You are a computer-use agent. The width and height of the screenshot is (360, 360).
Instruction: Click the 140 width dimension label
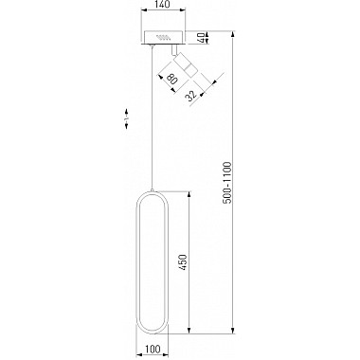point(163,5)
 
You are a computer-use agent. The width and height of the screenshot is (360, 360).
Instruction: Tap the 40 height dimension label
point(201,38)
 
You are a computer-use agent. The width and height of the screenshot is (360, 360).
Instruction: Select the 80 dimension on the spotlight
point(171,79)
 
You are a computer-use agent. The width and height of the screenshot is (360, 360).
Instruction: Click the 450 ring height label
point(183,262)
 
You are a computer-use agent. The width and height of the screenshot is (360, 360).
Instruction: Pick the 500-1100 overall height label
point(227,183)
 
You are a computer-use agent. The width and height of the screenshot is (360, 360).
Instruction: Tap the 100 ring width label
point(153,349)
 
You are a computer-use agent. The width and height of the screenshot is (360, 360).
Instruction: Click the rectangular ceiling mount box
point(164,38)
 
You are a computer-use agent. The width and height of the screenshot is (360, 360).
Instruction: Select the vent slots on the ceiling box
point(164,37)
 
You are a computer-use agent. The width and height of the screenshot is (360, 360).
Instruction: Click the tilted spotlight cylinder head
point(185,64)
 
